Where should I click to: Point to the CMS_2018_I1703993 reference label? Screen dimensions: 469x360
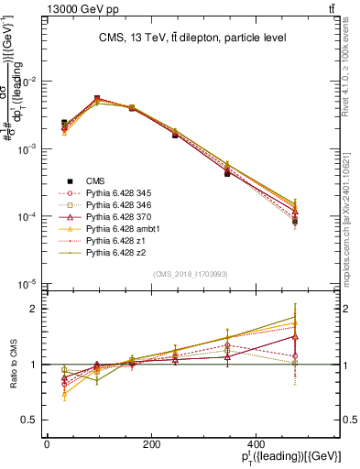191,275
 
